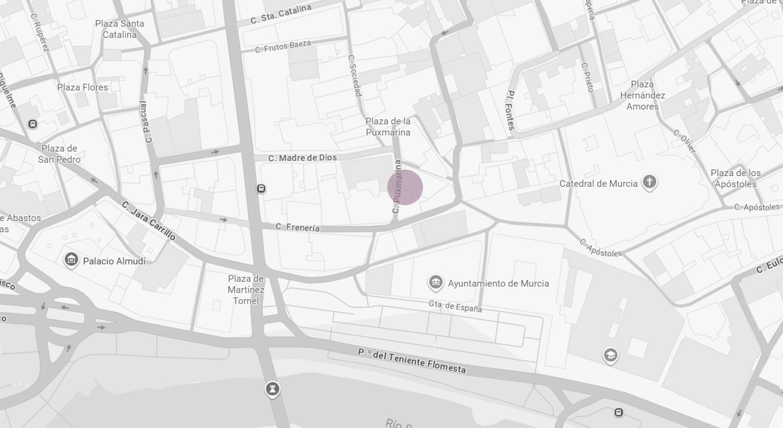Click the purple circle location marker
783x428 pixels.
pos(405,187)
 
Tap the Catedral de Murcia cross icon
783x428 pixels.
pos(649,182)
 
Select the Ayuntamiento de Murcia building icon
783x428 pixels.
pos(435,282)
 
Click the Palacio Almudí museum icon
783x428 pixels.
pos(71,260)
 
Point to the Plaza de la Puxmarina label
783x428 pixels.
pos(388,127)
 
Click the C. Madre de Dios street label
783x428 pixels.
pos(302,158)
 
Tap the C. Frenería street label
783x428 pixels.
pos(298,227)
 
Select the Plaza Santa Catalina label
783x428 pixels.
pos(119,29)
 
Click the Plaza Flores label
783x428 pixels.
pos(82,88)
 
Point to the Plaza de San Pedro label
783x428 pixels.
pos(59,154)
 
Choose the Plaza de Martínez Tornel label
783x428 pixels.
pos(246,290)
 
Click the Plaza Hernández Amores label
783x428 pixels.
pos(643,95)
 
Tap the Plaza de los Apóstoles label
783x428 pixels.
pos(736,179)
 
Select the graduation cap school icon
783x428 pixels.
pos(610,355)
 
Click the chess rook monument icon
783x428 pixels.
pos(273,389)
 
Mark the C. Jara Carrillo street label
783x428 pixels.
pos(149,221)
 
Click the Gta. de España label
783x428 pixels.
pos(455,306)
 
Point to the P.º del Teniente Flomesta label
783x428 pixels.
pos(412,361)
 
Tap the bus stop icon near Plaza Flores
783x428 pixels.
pos(33,124)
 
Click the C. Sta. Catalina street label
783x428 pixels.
pos(280,14)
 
